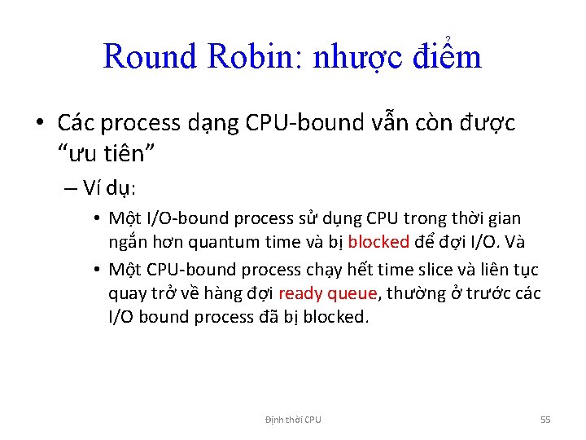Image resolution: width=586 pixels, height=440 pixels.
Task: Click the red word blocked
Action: point(378,242)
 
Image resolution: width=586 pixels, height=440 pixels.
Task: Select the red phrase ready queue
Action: point(328,293)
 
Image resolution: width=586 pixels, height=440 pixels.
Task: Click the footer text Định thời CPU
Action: point(293,420)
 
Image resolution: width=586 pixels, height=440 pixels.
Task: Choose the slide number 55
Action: point(545,420)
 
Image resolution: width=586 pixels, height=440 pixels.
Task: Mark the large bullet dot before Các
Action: point(40,123)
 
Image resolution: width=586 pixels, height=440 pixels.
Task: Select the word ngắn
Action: point(126,243)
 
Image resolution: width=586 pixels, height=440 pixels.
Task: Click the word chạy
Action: point(300,270)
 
